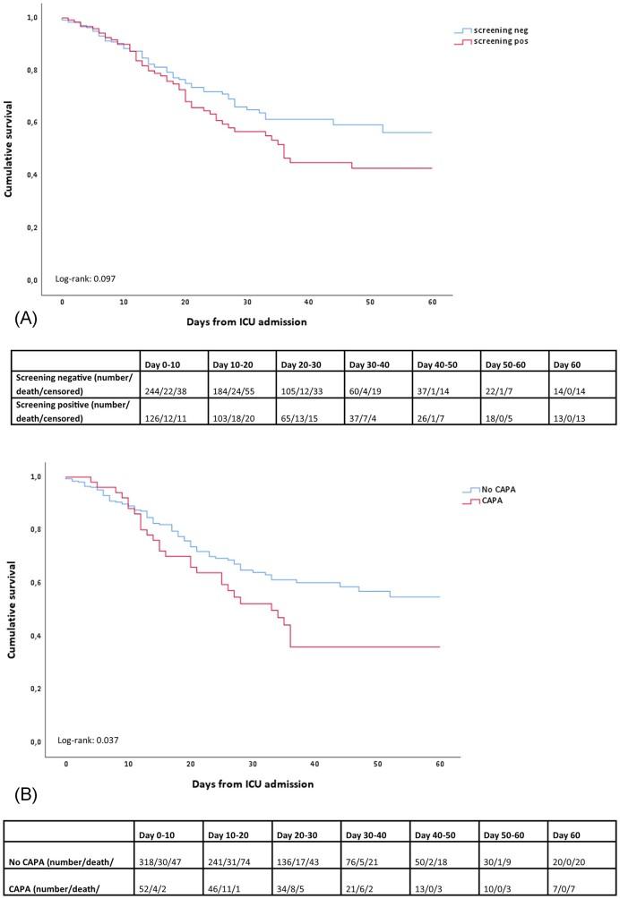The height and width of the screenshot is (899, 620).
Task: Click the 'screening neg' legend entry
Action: (493, 30)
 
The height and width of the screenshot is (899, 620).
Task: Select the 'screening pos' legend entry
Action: (493, 41)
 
